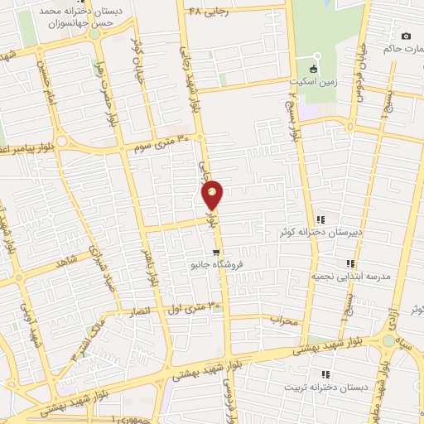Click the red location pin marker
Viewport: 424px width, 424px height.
click(213, 194)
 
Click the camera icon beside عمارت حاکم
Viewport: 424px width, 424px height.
click(406, 36)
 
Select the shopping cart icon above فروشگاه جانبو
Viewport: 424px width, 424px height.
click(216, 253)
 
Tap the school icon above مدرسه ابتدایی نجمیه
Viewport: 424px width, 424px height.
click(350, 263)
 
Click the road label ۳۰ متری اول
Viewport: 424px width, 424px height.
click(196, 307)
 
